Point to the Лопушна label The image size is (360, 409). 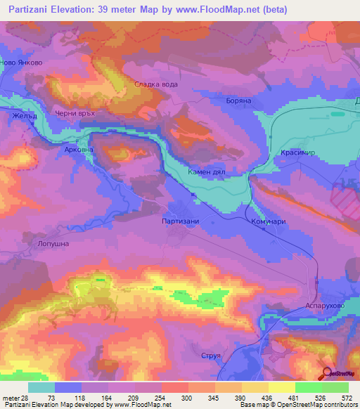(x=49, y=242)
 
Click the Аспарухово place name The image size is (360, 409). (x=324, y=306)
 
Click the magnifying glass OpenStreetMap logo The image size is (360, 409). (x=328, y=373)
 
